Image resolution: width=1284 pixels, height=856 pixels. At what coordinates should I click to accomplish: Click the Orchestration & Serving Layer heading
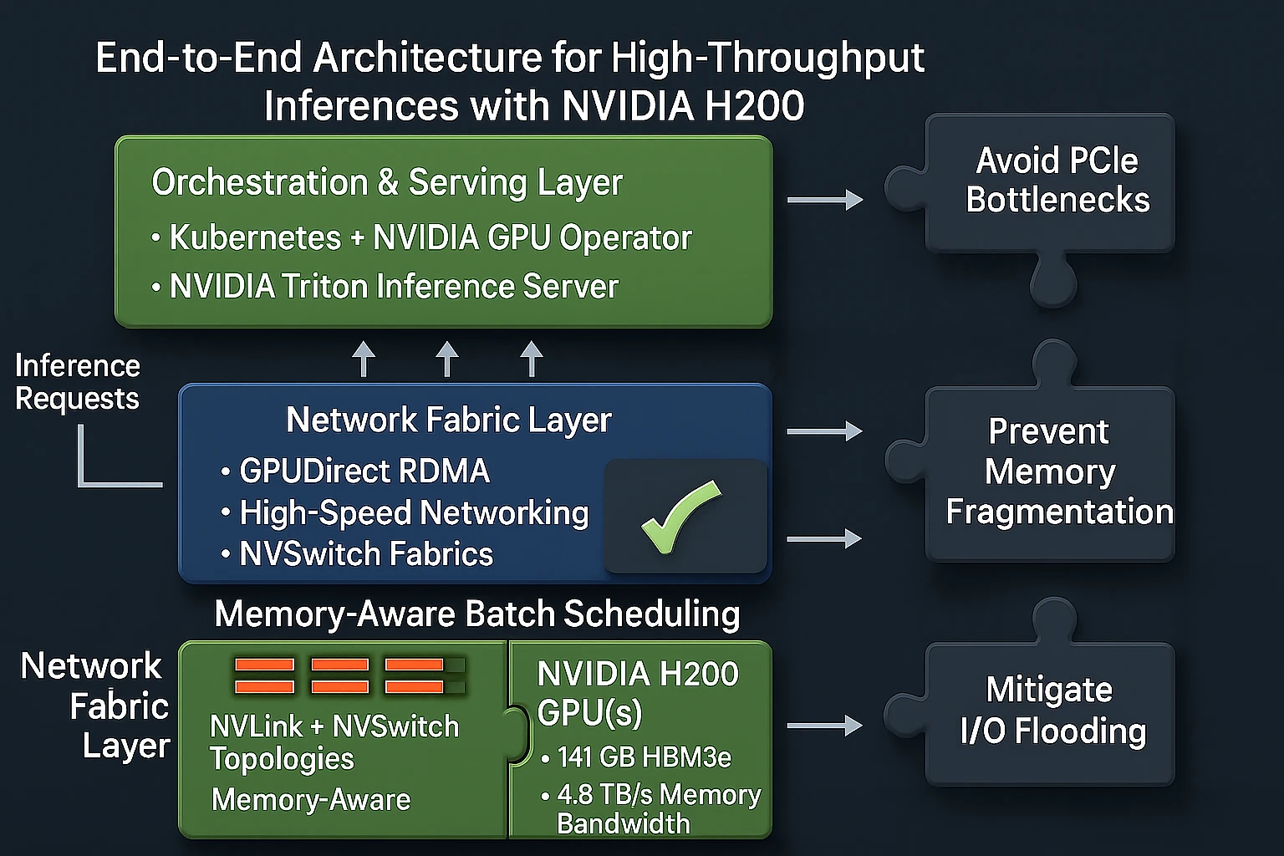(387, 182)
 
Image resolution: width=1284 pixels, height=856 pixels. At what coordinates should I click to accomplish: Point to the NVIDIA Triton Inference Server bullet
(393, 287)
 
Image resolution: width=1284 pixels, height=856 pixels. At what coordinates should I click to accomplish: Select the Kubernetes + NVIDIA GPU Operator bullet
(430, 238)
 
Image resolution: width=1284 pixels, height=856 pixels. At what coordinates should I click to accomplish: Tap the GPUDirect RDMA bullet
(364, 471)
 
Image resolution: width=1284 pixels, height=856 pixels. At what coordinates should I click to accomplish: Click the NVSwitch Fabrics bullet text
(366, 554)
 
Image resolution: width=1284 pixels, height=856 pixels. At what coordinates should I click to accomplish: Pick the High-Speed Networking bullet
(414, 513)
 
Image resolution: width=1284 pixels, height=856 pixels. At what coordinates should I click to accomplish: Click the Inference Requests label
(77, 382)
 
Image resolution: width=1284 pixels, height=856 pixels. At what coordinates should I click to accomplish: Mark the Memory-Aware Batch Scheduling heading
(477, 614)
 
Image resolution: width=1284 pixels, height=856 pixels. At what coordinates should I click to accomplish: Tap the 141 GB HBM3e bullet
(644, 757)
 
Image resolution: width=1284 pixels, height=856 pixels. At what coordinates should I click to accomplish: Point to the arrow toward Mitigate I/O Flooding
(824, 726)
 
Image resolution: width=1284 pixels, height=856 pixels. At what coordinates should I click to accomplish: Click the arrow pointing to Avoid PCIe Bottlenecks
(824, 200)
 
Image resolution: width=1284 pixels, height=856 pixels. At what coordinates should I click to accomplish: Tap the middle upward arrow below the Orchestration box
(447, 359)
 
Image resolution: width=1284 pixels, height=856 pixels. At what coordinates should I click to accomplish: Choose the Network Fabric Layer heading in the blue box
(449, 420)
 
